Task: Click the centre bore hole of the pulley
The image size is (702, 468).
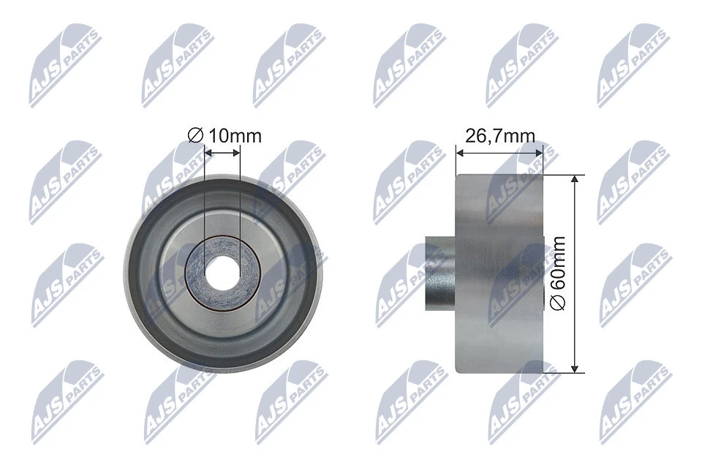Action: point(222,273)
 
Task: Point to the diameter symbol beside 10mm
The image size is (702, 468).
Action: point(195,136)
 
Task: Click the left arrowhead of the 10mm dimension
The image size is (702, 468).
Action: point(208,153)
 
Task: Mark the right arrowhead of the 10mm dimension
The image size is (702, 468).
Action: point(236,153)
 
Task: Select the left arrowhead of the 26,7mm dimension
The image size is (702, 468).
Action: point(459,153)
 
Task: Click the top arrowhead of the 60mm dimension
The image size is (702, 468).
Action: point(576,180)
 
